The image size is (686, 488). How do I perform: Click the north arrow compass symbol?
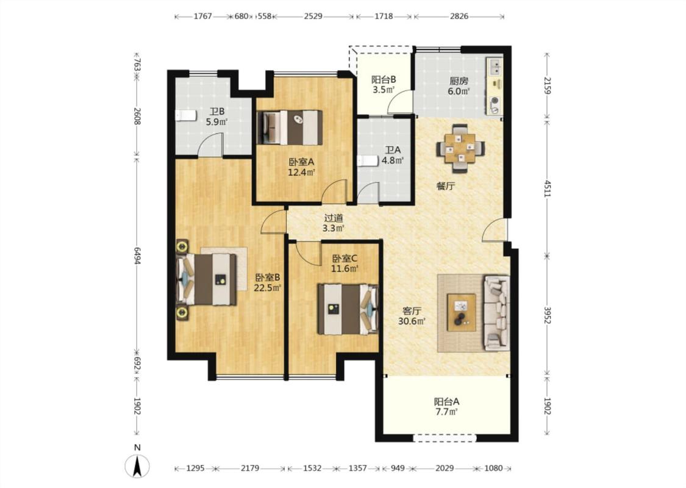coord(137,465)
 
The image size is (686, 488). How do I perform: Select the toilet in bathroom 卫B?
coord(185,116)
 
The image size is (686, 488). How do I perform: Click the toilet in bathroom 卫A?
coord(367,161)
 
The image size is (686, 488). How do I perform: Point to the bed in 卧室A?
coord(290,127)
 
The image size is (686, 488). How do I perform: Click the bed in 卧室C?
coord(348,309)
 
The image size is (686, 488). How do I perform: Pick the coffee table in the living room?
coord(461,312)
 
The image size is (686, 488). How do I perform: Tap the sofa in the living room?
coord(496,312)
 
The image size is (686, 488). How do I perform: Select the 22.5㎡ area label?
coord(267,287)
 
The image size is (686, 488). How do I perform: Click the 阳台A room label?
coord(447,401)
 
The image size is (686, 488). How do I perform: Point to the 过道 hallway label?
coord(334,218)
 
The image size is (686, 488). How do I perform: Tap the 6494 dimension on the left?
coord(137,256)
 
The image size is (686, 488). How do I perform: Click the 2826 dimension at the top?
coord(459,16)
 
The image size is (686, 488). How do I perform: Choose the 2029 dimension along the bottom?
coord(445,468)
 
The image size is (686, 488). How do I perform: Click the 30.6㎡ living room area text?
coord(412,321)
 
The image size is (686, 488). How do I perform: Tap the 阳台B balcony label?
coord(384,80)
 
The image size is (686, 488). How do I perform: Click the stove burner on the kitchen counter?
coord(495,100)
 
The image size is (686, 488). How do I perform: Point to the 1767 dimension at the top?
coord(202,16)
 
